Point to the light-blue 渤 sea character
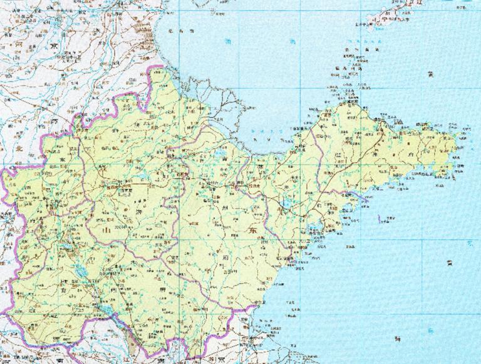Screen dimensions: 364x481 pos(227,43)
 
